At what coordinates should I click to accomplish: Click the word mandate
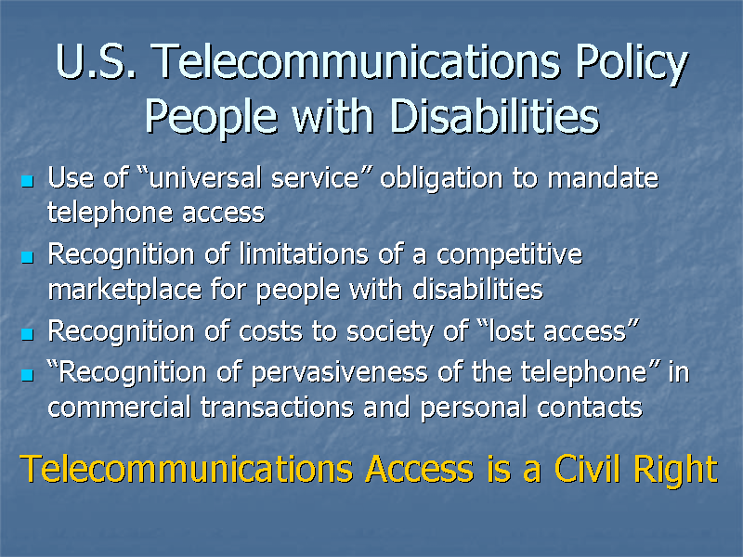(603, 176)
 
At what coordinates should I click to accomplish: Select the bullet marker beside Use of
(27, 178)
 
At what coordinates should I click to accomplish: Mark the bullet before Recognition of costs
(27, 332)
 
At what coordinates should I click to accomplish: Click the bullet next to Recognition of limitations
(27, 255)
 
